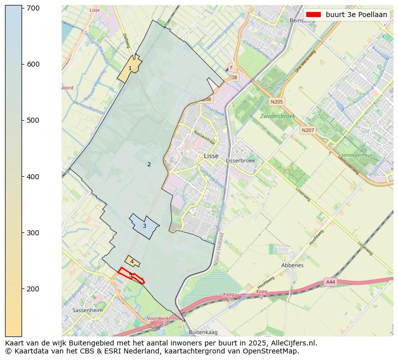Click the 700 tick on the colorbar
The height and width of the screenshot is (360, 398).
point(22,8)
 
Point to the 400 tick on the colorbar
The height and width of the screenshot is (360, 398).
point(22,177)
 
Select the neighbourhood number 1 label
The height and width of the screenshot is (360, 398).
point(130,69)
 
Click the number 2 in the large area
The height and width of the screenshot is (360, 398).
point(149,164)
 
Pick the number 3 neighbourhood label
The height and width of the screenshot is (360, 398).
point(144,226)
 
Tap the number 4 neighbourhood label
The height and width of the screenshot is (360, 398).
point(132,261)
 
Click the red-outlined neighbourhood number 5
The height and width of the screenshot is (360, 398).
point(130,275)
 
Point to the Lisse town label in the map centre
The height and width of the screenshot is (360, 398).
point(212,156)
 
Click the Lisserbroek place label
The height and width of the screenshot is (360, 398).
point(241,161)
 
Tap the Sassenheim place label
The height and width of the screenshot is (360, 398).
point(88,310)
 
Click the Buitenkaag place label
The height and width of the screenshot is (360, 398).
point(204,332)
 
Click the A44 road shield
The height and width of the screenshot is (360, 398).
point(330,282)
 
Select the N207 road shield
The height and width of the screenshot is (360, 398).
point(307,130)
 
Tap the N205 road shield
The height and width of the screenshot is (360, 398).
point(277,102)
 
